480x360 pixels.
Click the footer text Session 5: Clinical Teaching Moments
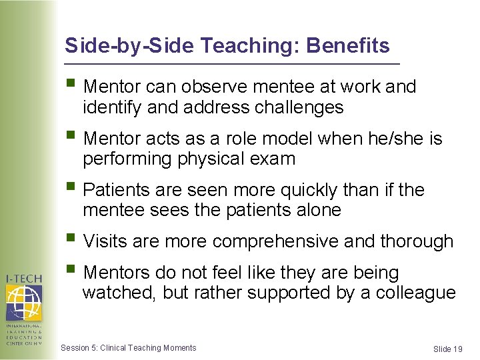pos(129,347)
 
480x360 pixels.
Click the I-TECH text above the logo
pos(24,278)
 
